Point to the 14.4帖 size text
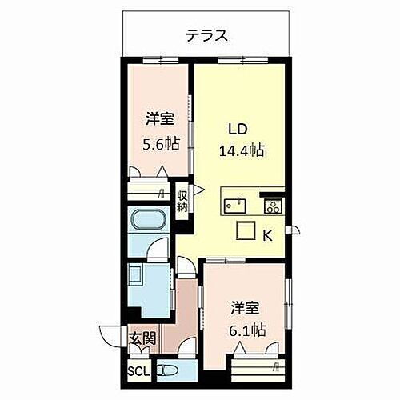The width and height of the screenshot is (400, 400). tap(242, 150)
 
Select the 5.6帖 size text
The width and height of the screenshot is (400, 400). tap(162, 145)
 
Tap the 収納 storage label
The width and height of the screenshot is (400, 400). tap(183, 198)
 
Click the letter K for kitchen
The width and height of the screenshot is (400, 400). tap(269, 234)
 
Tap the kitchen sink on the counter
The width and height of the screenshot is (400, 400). tap(234, 203)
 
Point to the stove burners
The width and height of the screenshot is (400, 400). tap(271, 206)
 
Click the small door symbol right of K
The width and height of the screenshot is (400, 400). tap(296, 231)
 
